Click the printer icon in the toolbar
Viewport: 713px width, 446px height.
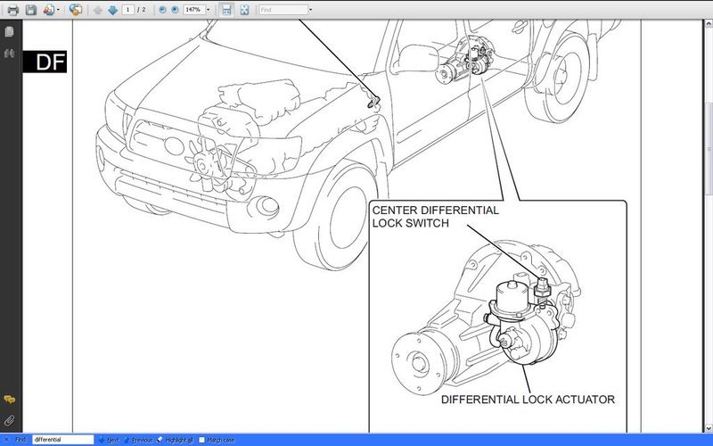[x=12, y=10]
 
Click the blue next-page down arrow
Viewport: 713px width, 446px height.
[x=112, y=10]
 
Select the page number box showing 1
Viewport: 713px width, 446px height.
[x=129, y=10]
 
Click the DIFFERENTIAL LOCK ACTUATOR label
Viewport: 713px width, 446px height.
[x=528, y=400]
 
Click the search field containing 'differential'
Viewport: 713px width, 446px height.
[x=61, y=440]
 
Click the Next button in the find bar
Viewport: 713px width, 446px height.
[x=109, y=440]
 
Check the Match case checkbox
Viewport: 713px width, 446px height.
[x=202, y=440]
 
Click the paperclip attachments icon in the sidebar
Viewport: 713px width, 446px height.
[x=9, y=419]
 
